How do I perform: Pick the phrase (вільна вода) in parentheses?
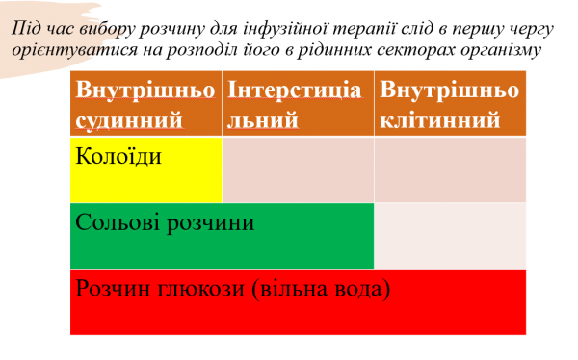pyautogui.click(x=323, y=288)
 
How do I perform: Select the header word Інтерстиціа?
pyautogui.click(x=293, y=90)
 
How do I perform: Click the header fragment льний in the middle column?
pyautogui.click(x=262, y=121)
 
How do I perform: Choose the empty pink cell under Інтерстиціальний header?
pyautogui.click(x=298, y=169)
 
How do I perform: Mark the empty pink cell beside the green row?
pyautogui.click(x=449, y=235)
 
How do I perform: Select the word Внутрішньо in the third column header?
pyautogui.click(x=449, y=90)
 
